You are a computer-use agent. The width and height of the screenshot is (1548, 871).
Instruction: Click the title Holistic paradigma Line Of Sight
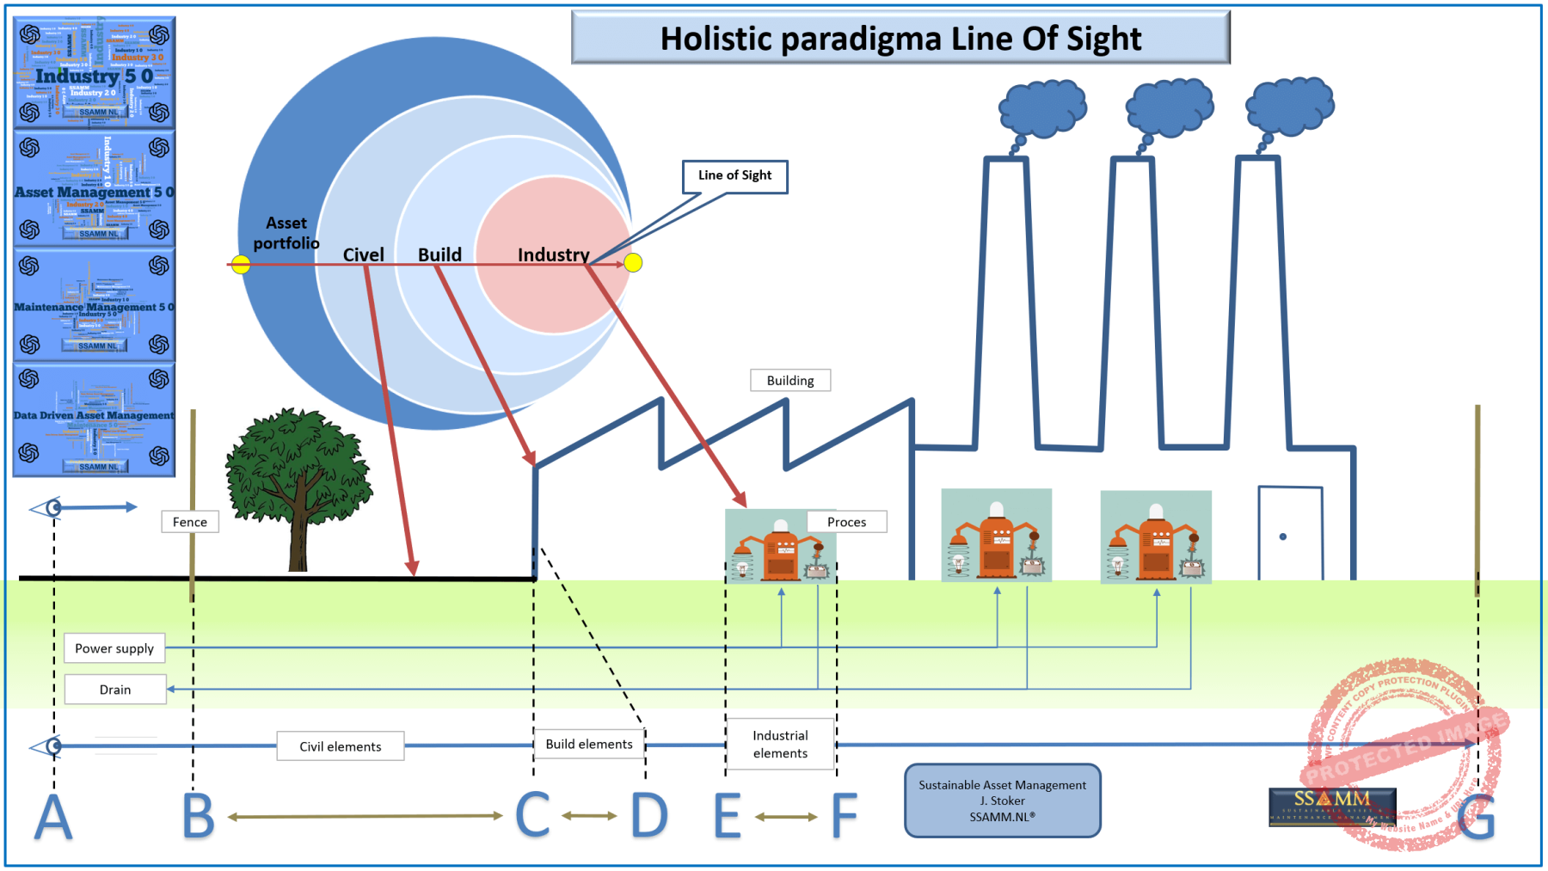coord(900,39)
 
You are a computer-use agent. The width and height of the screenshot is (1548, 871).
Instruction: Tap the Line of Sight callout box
coord(735,176)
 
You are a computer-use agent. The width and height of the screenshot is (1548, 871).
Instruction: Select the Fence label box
coord(190,522)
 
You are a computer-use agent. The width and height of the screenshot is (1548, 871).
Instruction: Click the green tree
coord(297,482)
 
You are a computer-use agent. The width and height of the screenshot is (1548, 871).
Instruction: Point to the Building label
coord(790,380)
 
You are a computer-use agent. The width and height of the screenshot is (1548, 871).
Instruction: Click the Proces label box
coord(846,522)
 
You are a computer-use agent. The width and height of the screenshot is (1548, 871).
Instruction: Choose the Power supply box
coord(114,648)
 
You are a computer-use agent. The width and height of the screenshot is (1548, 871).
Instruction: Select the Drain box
coord(115,690)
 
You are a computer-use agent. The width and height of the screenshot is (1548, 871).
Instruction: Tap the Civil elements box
coord(341,746)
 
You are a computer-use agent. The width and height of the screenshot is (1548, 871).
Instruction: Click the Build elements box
coord(589,744)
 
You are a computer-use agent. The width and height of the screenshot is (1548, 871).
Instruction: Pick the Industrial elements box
coord(780,744)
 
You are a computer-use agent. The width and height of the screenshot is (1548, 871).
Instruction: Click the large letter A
coord(53,817)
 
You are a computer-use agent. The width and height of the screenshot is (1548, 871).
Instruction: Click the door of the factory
coord(1290,533)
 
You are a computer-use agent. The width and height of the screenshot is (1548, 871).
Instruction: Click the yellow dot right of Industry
coord(633,263)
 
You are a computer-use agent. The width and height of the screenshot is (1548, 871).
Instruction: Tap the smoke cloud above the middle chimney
coord(1170,108)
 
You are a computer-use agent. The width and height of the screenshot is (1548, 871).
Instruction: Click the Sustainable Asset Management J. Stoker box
coord(1002,800)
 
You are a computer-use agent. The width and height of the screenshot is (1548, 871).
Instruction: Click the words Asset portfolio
coord(286,233)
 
